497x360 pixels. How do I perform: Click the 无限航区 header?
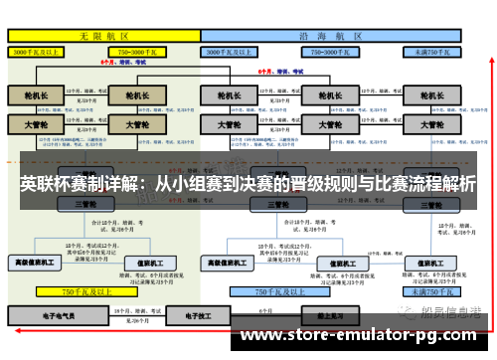[x=103, y=35]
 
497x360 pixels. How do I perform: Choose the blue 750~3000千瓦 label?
[x=328, y=50]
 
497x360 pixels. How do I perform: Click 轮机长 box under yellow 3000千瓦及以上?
[x=36, y=95]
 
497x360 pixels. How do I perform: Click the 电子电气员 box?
[x=57, y=315]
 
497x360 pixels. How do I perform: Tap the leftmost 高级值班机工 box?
[x=36, y=263]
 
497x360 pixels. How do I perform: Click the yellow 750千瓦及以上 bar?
[x=84, y=292]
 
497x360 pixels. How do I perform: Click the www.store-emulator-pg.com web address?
[x=362, y=334]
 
